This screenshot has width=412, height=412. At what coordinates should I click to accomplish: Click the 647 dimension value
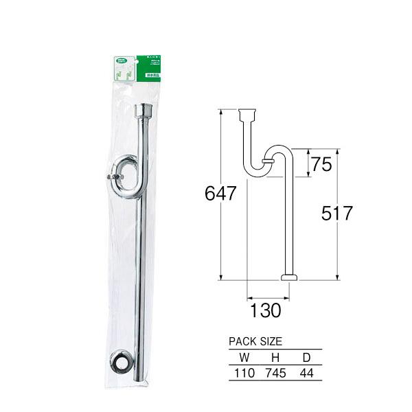click(x=220, y=194)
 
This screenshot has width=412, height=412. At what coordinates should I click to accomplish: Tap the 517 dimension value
click(x=336, y=213)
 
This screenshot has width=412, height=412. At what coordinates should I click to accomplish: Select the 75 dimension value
click(x=321, y=164)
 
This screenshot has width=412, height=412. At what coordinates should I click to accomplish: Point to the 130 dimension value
click(x=265, y=310)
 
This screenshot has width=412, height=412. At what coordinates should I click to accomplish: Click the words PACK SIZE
click(x=255, y=341)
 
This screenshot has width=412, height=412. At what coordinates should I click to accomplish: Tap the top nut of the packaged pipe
click(x=144, y=111)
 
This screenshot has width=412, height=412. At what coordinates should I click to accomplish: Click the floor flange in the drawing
click(x=289, y=277)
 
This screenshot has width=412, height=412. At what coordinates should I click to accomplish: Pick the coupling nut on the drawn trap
click(x=268, y=161)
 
